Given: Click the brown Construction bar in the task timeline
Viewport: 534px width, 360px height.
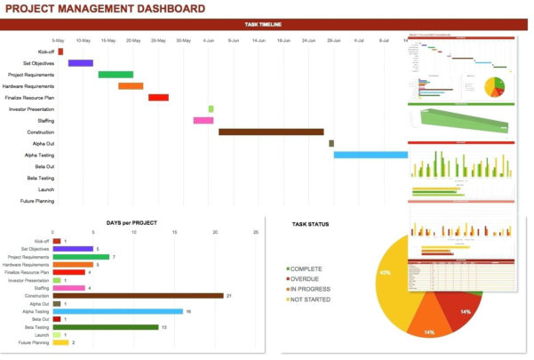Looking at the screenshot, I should point(271,132).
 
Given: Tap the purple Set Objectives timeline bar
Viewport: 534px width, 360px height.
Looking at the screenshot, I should point(81,63).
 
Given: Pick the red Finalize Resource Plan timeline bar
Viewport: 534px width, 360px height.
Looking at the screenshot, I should point(158,98).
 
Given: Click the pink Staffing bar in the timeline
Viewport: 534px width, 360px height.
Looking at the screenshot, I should point(203,120).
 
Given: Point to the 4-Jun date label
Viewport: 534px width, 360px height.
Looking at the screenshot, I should point(209,40).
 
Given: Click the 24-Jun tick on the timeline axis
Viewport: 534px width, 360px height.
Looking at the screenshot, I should point(309,40).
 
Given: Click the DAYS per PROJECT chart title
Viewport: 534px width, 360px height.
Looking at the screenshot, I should point(132,221).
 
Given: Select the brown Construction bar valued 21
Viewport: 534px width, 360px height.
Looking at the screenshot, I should point(138,295).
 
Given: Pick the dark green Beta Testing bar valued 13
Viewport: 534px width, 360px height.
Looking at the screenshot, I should point(106,327).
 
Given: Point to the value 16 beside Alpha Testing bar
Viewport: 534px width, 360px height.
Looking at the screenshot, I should point(189,311).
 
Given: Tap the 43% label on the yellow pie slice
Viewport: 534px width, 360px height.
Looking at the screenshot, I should point(385,273).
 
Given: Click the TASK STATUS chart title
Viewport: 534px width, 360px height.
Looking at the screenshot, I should point(310,224).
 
